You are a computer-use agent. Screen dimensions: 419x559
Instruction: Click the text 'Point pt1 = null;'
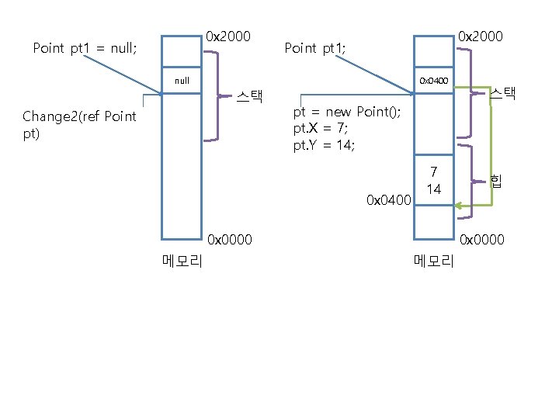85,48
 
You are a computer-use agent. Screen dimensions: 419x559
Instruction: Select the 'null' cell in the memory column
182,80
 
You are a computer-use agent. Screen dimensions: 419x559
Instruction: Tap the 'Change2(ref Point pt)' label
79,124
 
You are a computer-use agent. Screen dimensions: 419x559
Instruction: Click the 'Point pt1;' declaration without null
315,48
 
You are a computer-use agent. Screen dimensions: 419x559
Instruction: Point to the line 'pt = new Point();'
347,112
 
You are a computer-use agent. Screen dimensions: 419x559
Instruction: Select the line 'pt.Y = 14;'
324,144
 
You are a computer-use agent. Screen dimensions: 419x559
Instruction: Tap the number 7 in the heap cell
434,171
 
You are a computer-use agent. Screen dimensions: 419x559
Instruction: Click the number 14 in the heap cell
434,189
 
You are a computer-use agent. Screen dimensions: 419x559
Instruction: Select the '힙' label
495,180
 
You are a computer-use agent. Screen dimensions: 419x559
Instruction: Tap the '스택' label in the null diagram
250,97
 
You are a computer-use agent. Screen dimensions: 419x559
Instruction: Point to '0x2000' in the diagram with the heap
481,36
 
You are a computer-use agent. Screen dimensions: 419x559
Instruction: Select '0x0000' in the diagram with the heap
482,240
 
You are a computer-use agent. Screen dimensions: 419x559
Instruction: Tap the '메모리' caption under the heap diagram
434,261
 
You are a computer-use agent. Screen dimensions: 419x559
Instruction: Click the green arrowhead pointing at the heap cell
460,206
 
